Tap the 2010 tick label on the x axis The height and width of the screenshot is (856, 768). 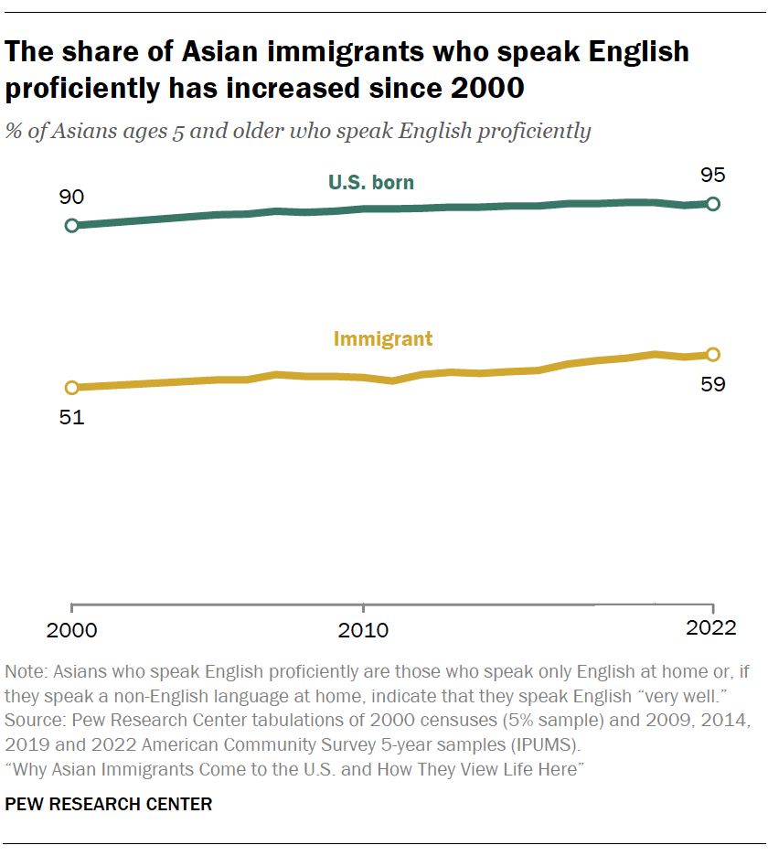pos(364,630)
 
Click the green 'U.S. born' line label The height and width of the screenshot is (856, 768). pos(371,183)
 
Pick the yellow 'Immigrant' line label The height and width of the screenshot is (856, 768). pos(383,339)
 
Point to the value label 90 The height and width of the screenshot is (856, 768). pos(71,198)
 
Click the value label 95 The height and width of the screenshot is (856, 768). pos(713,176)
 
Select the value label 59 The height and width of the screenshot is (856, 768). pos(713,384)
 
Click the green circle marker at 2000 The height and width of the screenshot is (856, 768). pos(72,225)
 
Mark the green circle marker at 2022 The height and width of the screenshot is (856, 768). pos(713,203)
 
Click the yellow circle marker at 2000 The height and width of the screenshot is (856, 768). pos(72,388)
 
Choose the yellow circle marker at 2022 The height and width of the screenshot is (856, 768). pos(713,355)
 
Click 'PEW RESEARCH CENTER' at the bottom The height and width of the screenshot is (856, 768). pos(109,805)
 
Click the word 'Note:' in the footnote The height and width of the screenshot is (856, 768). pos(27,671)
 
